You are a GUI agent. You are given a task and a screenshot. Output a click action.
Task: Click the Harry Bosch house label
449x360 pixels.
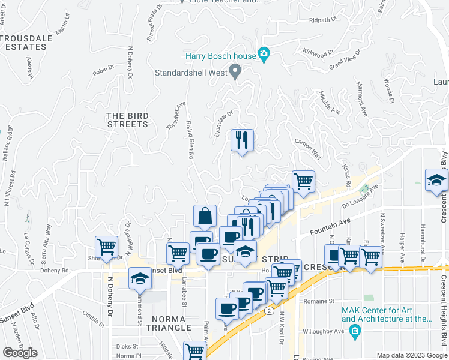tap(220, 56)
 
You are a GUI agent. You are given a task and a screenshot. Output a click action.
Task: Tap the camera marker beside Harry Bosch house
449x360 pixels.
tap(264, 56)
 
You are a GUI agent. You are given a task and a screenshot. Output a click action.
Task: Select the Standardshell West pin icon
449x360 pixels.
tap(235, 73)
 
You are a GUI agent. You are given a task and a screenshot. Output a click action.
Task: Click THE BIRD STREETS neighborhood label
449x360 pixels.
tap(127, 120)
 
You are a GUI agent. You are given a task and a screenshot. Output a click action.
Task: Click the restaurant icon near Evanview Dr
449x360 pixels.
tap(243, 140)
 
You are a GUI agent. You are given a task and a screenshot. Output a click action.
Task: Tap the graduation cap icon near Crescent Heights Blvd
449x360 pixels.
tap(436, 180)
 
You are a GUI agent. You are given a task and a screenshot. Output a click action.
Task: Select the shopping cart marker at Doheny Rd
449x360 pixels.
tap(106, 246)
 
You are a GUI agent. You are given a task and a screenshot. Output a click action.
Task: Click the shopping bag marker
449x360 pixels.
tap(205, 216)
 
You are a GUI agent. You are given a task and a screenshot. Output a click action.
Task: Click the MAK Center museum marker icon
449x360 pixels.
tap(355, 330)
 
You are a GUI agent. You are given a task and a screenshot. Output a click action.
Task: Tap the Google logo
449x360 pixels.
tap(20, 353)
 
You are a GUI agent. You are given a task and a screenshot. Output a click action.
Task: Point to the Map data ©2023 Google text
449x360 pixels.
tap(411, 355)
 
